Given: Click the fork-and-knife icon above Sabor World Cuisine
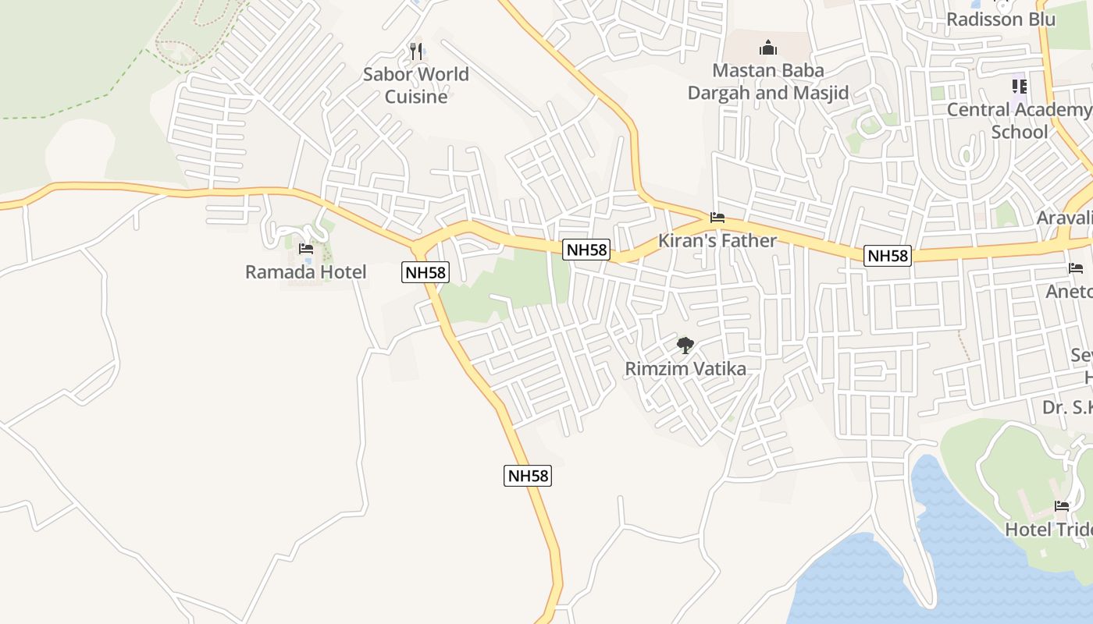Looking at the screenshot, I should tap(416, 51).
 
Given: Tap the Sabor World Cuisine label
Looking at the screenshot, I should tap(416, 85).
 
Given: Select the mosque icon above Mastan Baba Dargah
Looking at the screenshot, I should tap(768, 48).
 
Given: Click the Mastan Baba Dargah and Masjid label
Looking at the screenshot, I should tap(768, 82).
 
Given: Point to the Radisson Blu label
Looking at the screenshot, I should tap(1001, 19).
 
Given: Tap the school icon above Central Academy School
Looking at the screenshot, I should tap(1019, 87).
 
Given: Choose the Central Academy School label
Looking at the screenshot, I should tap(1019, 120).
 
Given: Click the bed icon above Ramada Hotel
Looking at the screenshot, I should tap(306, 249).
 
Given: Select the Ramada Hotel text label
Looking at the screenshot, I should tap(306, 272).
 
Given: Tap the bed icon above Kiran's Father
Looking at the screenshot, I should tap(717, 218).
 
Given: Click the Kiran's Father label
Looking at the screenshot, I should tap(717, 240).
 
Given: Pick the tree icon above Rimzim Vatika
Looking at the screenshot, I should tap(685, 345).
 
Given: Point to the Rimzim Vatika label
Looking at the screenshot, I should tap(685, 368).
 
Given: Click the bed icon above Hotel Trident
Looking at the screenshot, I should tap(1062, 506).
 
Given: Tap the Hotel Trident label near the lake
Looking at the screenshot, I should tap(1048, 529).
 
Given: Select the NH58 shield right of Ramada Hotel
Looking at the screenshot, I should tap(425, 272).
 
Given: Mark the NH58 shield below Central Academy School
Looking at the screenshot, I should tap(888, 256).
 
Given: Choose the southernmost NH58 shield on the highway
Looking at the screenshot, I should tap(528, 476).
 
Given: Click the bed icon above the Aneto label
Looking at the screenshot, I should tap(1076, 269).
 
